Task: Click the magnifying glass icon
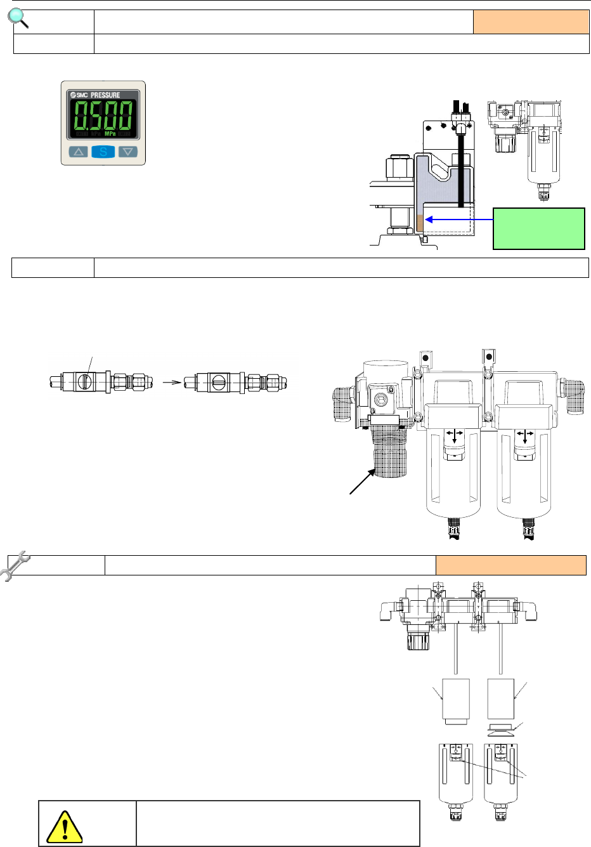click(18, 18)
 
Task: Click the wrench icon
click(15, 566)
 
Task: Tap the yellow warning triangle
click(64, 827)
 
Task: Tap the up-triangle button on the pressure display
click(78, 152)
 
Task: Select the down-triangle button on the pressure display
click(127, 152)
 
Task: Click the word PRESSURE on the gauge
click(105, 95)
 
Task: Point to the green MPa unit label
click(110, 134)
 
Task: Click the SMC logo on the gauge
click(79, 95)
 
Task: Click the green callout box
click(539, 228)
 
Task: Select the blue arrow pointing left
click(459, 220)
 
